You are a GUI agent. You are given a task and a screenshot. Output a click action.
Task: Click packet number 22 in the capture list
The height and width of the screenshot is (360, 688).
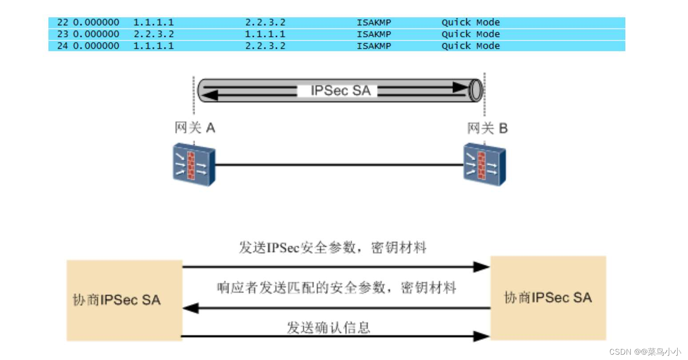point(63,23)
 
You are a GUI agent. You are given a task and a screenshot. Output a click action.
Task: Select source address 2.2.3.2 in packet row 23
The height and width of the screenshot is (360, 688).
point(154,34)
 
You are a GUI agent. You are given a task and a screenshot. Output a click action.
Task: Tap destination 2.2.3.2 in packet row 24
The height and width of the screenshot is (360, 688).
point(265,46)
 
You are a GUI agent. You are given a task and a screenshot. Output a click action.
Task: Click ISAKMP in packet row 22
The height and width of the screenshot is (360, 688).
point(374,23)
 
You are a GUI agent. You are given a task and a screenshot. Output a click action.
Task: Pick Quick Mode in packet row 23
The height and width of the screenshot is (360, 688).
point(470,34)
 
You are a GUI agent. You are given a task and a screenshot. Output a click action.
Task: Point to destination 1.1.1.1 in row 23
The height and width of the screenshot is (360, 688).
point(265,34)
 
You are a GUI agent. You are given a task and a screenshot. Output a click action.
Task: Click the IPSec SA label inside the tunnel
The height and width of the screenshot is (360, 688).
point(340,91)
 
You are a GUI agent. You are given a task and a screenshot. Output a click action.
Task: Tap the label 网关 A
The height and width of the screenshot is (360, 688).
point(195,128)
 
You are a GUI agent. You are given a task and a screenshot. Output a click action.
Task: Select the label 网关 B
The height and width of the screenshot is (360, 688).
point(487,128)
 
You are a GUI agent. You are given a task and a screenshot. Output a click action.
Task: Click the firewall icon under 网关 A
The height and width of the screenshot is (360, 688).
point(194,164)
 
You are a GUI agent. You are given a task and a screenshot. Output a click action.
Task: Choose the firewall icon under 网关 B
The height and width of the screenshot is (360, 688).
point(484,164)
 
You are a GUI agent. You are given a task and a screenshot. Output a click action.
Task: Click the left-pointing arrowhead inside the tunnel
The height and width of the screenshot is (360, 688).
point(210,95)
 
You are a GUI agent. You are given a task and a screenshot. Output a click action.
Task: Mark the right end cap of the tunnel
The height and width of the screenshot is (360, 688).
point(476,90)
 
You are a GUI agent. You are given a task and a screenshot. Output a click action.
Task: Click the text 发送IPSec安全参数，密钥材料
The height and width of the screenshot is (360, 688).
point(332,248)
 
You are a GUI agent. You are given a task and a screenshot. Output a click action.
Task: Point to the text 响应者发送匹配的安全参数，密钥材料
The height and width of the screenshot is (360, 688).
point(336,288)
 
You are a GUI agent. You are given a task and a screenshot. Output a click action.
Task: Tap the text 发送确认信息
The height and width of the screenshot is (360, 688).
point(328,328)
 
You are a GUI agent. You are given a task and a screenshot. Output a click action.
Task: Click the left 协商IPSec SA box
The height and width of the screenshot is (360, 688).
point(124,300)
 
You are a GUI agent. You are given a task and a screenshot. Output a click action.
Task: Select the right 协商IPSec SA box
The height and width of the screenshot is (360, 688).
point(548,298)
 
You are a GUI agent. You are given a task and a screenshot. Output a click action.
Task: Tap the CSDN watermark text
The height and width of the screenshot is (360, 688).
point(644,352)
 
